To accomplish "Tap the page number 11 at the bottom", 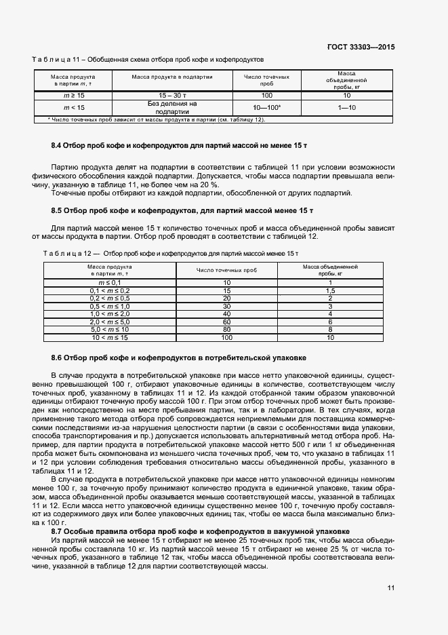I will click(391, 588).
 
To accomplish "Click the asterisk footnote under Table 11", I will click(156, 120).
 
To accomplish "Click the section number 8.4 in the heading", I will click(58, 146).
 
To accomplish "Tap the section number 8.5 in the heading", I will click(58, 210).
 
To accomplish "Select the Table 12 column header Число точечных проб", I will click(226, 270).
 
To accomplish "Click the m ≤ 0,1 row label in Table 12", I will click(109, 282).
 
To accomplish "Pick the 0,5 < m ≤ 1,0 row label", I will click(109, 306).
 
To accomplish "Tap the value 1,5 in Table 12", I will click(330, 290).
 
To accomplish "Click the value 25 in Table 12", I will click(226, 298).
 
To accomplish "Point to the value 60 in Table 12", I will click(226, 322).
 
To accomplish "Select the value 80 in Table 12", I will click(226, 329).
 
